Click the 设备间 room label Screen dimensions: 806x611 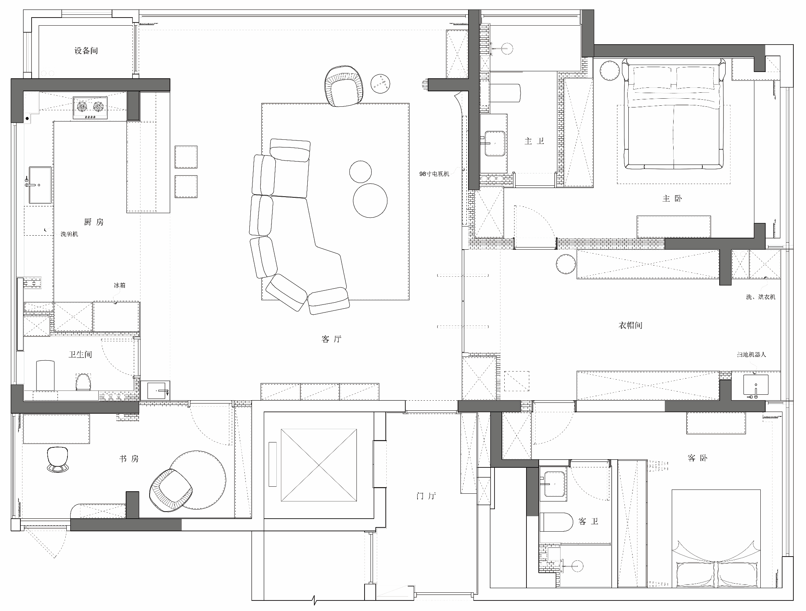(x=86, y=51)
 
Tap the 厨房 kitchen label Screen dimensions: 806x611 (x=94, y=222)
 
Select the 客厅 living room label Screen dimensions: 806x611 (x=331, y=339)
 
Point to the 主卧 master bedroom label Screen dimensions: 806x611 (x=672, y=198)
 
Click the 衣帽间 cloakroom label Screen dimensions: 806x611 (x=630, y=326)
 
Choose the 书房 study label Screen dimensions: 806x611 (x=129, y=459)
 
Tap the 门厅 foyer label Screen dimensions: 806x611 (x=426, y=496)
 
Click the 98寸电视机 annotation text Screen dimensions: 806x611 (x=434, y=174)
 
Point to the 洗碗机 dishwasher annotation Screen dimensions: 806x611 (x=69, y=234)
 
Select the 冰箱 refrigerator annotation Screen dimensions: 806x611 (x=119, y=285)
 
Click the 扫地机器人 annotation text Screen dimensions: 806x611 (x=751, y=355)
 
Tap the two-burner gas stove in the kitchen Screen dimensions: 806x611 (x=90, y=108)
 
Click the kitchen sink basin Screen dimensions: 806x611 (x=40, y=185)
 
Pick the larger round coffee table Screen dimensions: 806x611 (x=370, y=201)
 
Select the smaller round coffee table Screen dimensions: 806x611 (x=360, y=172)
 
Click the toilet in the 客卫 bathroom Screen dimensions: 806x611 (x=556, y=522)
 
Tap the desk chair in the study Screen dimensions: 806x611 (x=58, y=459)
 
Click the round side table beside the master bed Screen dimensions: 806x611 (x=610, y=70)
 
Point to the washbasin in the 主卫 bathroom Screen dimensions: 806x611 (x=494, y=144)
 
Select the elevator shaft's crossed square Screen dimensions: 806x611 (x=319, y=465)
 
